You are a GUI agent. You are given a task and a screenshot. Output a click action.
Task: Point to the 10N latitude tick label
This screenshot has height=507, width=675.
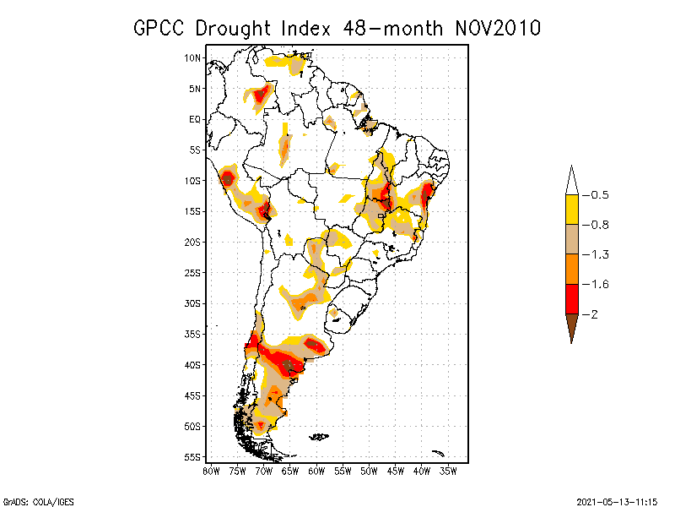tap(193, 57)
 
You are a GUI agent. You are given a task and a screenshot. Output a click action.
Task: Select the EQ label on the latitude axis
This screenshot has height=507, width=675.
tap(195, 119)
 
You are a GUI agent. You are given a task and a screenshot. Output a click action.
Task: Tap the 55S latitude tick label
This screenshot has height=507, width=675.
tap(193, 457)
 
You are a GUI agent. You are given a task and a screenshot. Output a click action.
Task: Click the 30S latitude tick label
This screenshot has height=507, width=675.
tap(193, 303)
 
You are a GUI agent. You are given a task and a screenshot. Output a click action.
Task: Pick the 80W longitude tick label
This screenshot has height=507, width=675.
tap(211, 470)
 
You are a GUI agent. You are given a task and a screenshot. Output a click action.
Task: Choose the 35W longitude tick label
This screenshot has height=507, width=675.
tap(448, 470)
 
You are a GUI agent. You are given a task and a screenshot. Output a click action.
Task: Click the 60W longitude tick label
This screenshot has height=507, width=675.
tap(316, 470)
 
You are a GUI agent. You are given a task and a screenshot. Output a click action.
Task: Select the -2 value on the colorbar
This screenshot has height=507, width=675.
tap(593, 314)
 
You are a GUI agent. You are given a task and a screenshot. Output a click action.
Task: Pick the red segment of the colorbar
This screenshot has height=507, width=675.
tap(571, 298)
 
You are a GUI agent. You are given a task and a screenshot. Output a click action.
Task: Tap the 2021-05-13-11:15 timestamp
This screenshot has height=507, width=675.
tap(617, 500)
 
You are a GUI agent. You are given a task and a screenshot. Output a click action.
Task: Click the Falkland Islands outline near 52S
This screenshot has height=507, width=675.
tap(319, 437)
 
